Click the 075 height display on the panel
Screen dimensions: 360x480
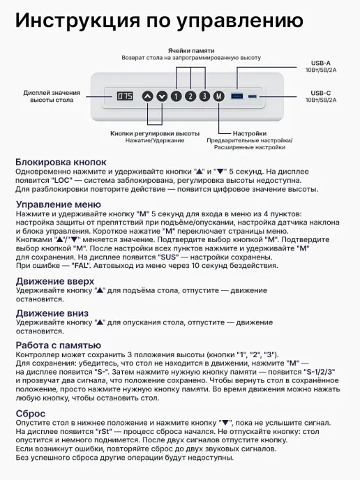(125, 96)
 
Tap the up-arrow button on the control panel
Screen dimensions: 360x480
(147, 96)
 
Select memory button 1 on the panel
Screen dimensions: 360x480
(176, 96)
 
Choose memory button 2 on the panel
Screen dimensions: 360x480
(190, 96)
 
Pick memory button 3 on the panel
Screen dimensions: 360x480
(204, 96)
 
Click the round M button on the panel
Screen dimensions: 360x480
(219, 96)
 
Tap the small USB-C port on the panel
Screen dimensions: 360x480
(252, 96)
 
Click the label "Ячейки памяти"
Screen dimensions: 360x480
(191, 50)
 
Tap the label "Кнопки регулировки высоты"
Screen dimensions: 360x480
(155, 133)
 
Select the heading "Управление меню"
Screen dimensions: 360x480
(58, 204)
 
